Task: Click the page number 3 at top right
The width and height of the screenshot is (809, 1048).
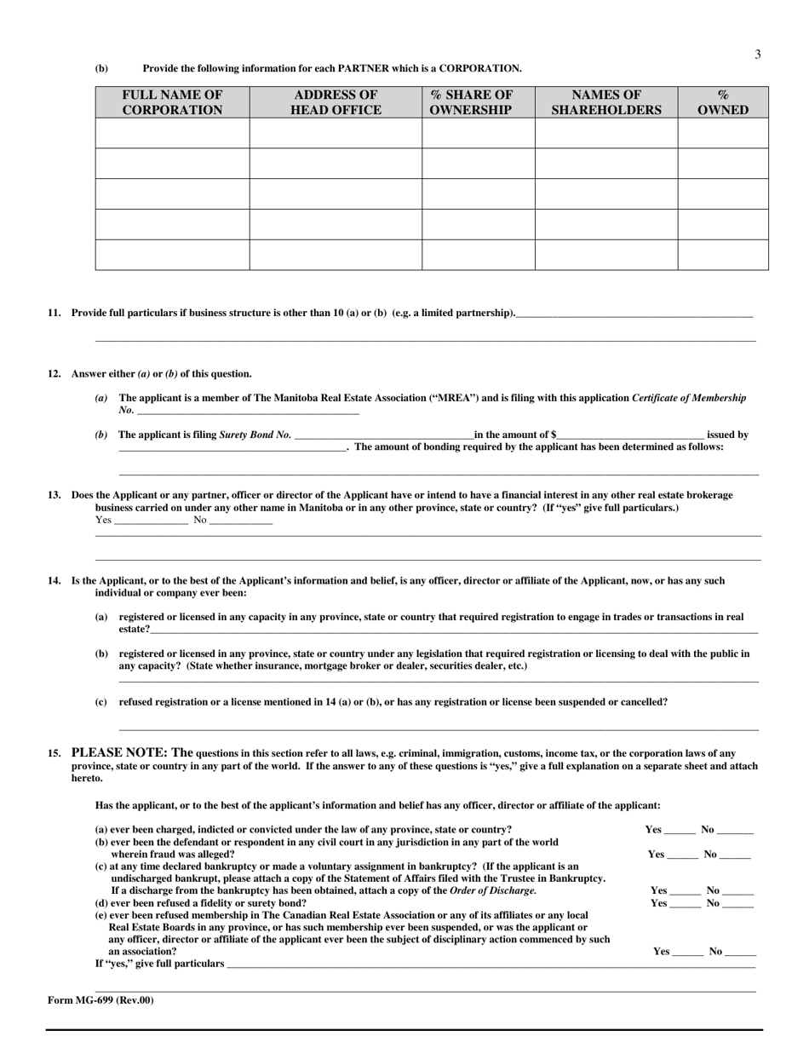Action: click(757, 55)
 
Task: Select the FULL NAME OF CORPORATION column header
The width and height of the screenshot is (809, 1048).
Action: click(172, 102)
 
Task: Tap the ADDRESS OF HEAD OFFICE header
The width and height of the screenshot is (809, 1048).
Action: click(336, 102)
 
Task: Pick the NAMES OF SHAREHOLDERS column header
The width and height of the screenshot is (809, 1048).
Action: click(605, 102)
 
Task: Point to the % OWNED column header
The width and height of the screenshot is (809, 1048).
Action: click(723, 102)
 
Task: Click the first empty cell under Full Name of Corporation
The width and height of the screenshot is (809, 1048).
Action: click(172, 133)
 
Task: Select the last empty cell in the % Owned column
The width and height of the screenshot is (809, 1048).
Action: click(723, 255)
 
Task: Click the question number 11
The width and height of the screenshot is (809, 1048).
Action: click(55, 313)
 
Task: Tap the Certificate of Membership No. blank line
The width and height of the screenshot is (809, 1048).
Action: click(247, 412)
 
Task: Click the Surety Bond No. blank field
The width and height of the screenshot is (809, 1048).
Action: click(384, 436)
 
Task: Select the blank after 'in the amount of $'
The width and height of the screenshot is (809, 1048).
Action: click(631, 436)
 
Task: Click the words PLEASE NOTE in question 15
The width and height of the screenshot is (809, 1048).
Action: click(119, 752)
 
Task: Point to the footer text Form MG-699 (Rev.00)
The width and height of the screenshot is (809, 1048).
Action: click(100, 1000)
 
